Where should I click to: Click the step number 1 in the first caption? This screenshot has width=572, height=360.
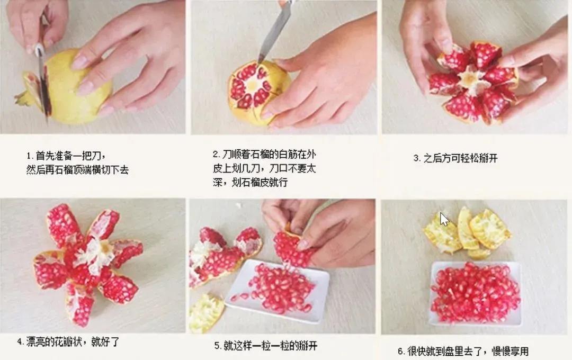coord(30,157)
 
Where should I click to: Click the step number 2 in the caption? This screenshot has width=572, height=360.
coord(216,155)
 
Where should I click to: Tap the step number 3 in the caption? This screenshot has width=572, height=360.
coord(416,158)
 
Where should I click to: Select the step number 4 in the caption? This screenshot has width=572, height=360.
coord(20,342)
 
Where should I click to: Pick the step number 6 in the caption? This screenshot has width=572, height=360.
coord(400,351)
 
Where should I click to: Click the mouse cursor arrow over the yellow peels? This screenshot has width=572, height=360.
coord(444,219)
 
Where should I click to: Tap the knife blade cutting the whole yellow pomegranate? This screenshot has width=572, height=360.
coord(43,85)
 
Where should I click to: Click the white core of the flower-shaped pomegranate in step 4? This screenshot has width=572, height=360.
coord(97,253)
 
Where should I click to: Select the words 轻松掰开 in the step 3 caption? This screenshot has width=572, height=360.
coord(480,158)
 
